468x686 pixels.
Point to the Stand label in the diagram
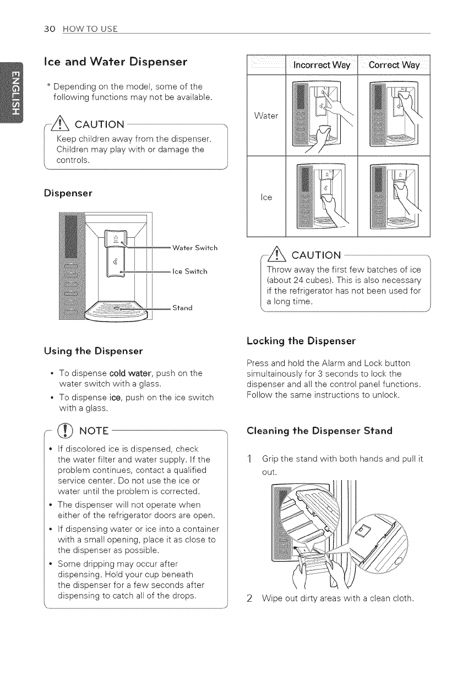(182, 307)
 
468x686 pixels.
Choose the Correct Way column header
(394, 66)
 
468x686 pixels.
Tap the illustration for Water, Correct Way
(394, 116)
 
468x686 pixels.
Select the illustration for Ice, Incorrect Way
(322, 196)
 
